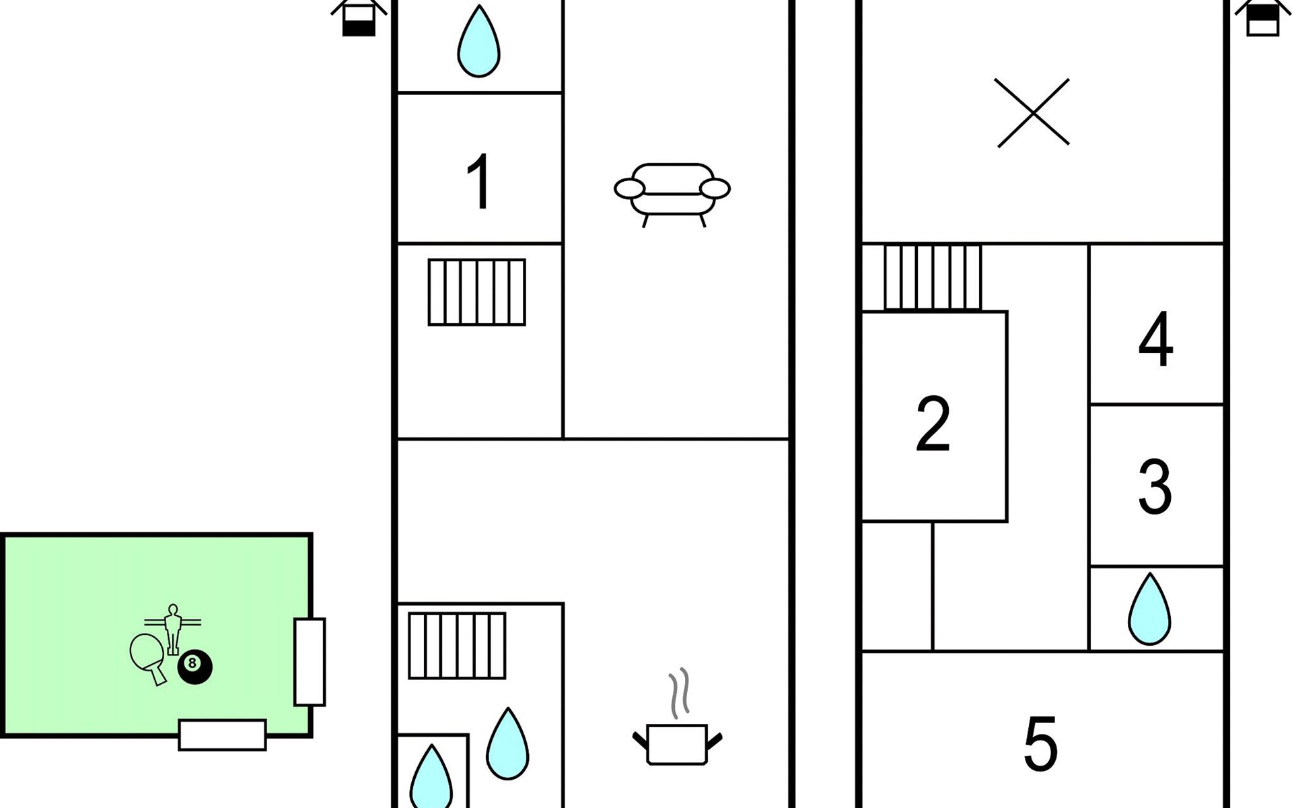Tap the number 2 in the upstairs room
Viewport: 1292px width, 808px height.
pyautogui.click(x=933, y=424)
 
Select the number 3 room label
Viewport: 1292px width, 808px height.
pyautogui.click(x=1155, y=486)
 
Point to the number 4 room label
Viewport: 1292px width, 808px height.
pyautogui.click(x=1155, y=339)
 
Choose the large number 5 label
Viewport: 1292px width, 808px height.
pyautogui.click(x=1040, y=743)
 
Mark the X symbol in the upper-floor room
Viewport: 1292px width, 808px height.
pyautogui.click(x=1032, y=112)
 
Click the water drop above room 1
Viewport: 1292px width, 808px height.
pyautogui.click(x=478, y=41)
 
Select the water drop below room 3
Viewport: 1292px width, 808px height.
pyautogui.click(x=1149, y=609)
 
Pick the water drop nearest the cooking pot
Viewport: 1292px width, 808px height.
pyautogui.click(x=507, y=743)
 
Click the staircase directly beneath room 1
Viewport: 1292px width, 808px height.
pyautogui.click(x=477, y=292)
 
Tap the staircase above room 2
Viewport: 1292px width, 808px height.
pyautogui.click(x=933, y=277)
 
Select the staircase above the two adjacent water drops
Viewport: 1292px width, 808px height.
pyautogui.click(x=457, y=645)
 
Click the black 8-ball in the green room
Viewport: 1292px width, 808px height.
pyautogui.click(x=194, y=667)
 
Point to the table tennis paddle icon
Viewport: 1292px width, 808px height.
pyautogui.click(x=148, y=657)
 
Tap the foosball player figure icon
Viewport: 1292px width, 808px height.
pyautogui.click(x=173, y=628)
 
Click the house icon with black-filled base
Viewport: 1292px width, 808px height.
pyautogui.click(x=359, y=18)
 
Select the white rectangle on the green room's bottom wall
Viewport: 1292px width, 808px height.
pyautogui.click(x=222, y=735)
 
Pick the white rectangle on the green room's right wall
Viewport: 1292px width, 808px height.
pyautogui.click(x=310, y=662)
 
